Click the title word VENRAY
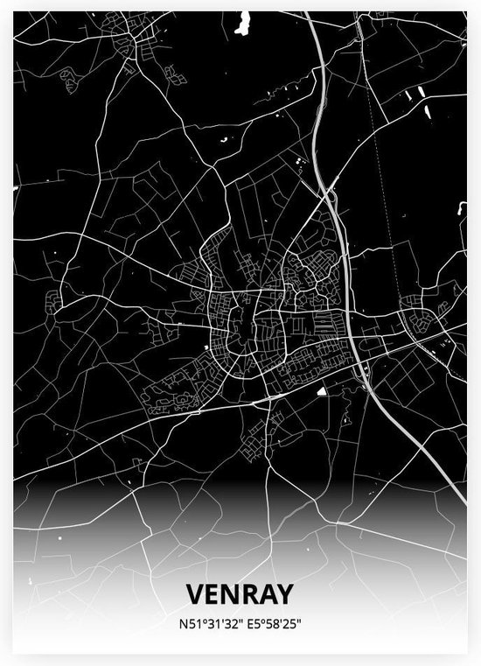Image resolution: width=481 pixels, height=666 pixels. (x=240, y=594)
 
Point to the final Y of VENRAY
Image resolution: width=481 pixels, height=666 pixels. (x=287, y=594)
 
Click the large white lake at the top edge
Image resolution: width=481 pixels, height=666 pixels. (x=242, y=25)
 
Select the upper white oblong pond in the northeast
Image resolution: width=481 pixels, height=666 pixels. (x=418, y=92)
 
